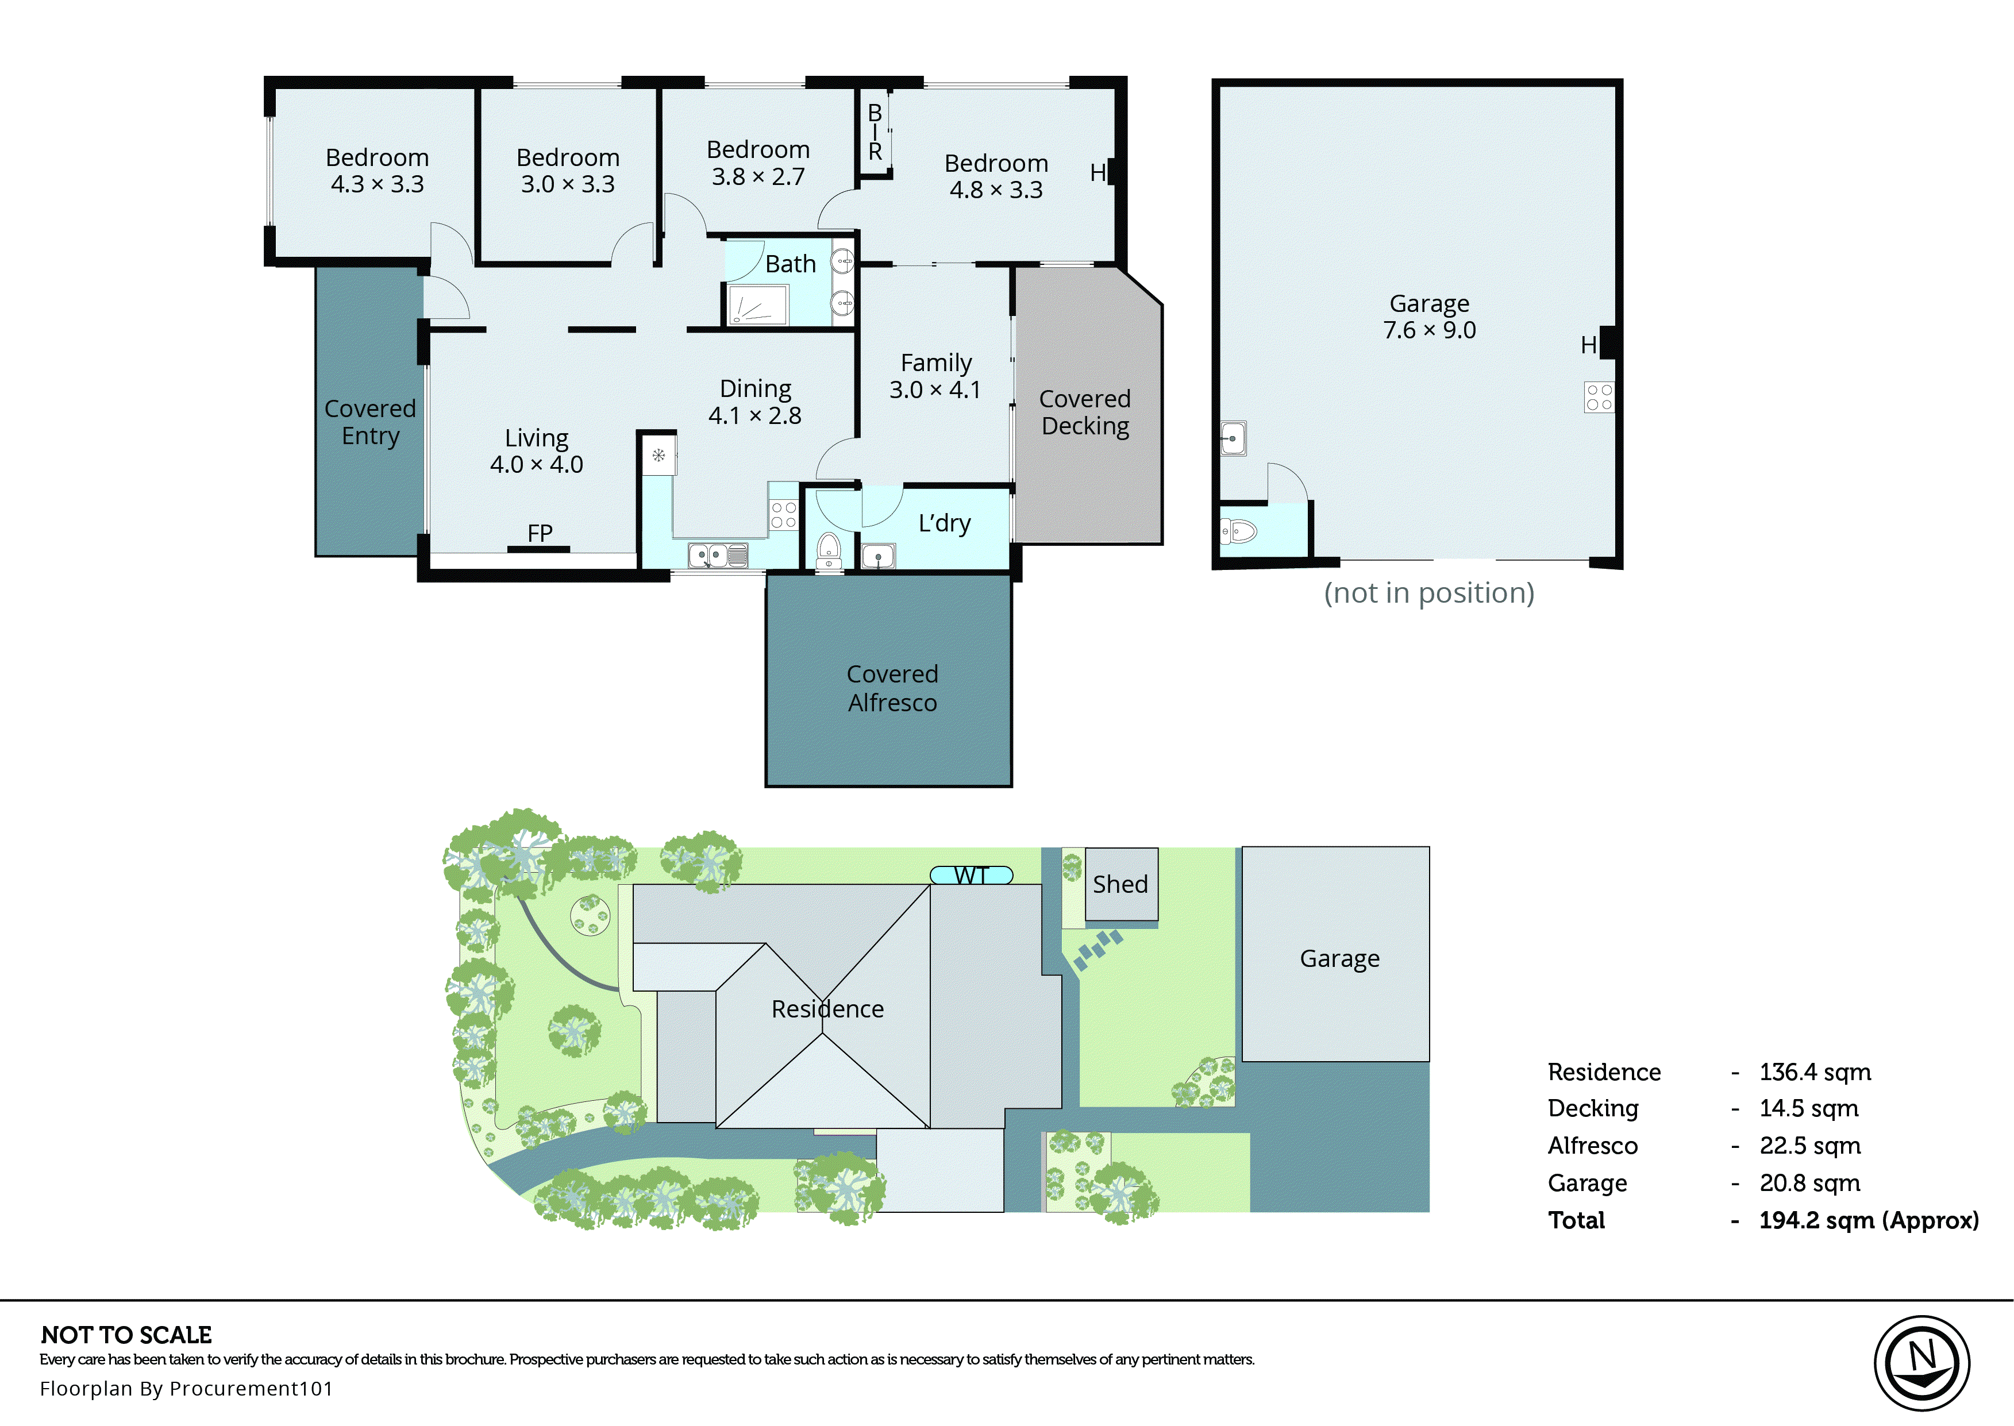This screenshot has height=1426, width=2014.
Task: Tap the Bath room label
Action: click(x=790, y=263)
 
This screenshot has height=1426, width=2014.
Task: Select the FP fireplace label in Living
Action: click(x=540, y=533)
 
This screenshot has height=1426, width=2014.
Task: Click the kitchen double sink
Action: click(x=718, y=555)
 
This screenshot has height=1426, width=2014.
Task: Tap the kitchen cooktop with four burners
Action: click(x=783, y=515)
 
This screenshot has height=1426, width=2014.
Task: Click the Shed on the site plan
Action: click(x=1120, y=884)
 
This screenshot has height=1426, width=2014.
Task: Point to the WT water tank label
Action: click(x=971, y=876)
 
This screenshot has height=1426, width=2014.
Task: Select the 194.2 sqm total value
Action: click(x=1868, y=1220)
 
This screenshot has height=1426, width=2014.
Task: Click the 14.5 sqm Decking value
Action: click(x=1808, y=1108)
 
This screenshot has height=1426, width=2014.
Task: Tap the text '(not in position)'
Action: click(x=1428, y=593)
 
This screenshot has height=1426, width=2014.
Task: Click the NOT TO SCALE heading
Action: click(x=126, y=1335)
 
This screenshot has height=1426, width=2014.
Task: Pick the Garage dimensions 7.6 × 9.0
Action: click(x=1428, y=330)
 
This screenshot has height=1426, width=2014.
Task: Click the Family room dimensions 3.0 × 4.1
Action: click(x=934, y=390)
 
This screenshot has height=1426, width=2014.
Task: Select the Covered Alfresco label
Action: click(x=892, y=688)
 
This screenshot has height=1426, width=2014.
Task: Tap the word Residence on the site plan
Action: click(x=827, y=1009)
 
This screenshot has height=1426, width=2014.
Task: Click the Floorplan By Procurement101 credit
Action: click(x=186, y=1388)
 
